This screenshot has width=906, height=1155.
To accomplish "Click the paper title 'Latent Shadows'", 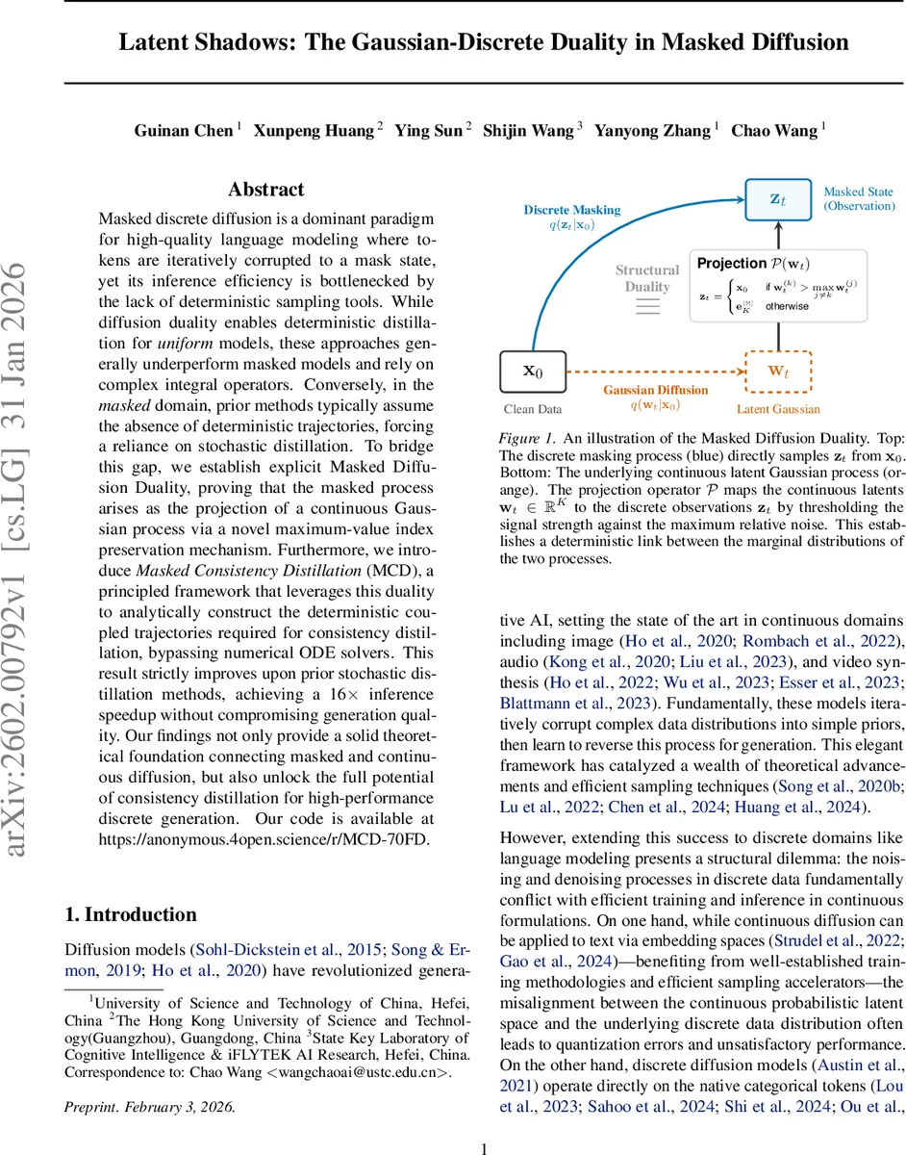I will pos(484,42).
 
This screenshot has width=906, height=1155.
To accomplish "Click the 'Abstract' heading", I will pos(266,190).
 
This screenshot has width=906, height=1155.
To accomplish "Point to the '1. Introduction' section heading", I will pos(130,914).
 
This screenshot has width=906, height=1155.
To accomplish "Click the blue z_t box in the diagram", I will pos(778,199).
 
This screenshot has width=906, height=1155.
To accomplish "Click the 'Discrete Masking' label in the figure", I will pos(572,210).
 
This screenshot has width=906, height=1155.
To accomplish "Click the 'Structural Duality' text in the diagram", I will pos(647,278).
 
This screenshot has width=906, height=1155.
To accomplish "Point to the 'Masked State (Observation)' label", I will pos(859,199).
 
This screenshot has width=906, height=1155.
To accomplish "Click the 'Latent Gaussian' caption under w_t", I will pos(778,409).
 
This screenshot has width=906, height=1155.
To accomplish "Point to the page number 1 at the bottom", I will pos(484,1147).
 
